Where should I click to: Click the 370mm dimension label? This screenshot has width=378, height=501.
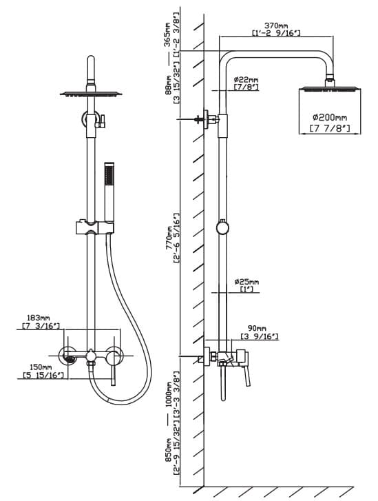[x=276, y=25]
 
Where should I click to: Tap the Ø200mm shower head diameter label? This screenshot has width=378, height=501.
[x=330, y=118]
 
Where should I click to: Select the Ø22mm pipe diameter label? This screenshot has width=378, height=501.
[x=246, y=79]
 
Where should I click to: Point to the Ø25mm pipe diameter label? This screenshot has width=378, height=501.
[x=246, y=282]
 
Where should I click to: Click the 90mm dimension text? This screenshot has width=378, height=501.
[x=257, y=328]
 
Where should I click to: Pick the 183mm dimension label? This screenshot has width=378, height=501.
[x=39, y=318]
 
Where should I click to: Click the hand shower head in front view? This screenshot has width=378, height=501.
[x=109, y=192]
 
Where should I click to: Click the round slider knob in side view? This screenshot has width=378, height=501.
[x=222, y=227]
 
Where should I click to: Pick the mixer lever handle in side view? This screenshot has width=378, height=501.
[x=246, y=375]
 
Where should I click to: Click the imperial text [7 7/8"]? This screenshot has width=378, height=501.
[x=330, y=128]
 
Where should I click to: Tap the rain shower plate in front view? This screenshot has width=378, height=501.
[x=92, y=94]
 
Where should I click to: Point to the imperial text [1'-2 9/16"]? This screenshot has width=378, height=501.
[x=276, y=33]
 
